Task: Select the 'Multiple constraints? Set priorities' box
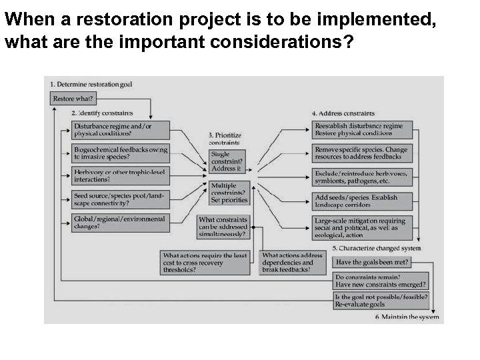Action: pos(229,193)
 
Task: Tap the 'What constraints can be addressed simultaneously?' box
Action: pos(223,227)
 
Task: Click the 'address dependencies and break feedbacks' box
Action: pos(293,263)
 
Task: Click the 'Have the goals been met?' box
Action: pos(373,262)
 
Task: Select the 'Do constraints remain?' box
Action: pos(381,280)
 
